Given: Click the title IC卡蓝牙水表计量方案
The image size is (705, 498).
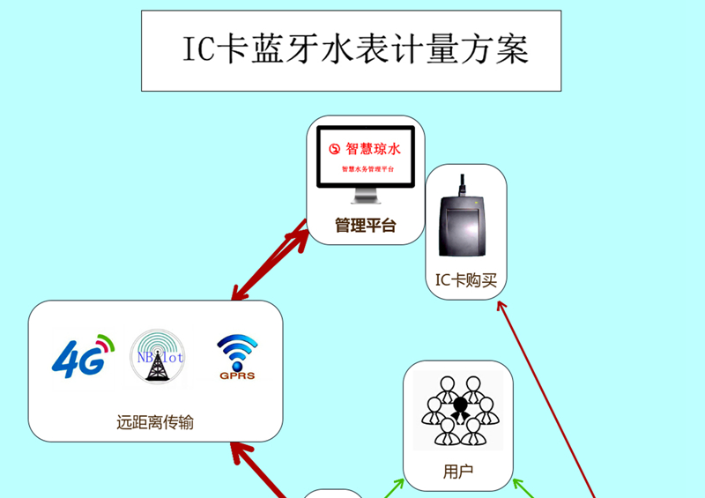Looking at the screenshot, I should click(x=351, y=50).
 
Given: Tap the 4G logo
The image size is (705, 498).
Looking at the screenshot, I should click(x=84, y=355).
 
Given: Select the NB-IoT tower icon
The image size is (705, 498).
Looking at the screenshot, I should click(x=158, y=357).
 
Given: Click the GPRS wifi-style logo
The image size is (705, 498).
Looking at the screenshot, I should click(x=237, y=357).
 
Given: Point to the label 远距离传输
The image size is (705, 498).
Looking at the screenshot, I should click(x=154, y=422).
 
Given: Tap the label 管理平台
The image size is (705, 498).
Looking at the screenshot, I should click(x=365, y=226).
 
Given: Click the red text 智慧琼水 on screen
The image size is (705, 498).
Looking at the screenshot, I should click(x=373, y=149).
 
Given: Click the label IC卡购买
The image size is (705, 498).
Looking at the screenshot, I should click(x=466, y=280).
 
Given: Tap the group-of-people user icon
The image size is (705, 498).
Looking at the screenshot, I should click(x=458, y=410).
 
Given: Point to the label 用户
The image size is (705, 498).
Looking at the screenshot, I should click(x=458, y=472).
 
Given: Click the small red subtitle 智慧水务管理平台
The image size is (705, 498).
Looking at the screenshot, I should click(x=367, y=167).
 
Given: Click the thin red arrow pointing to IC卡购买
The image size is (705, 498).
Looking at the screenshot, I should click(x=546, y=397).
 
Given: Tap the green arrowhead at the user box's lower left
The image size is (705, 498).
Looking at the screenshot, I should click(x=397, y=483).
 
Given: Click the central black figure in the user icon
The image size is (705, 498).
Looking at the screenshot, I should click(x=459, y=407).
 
